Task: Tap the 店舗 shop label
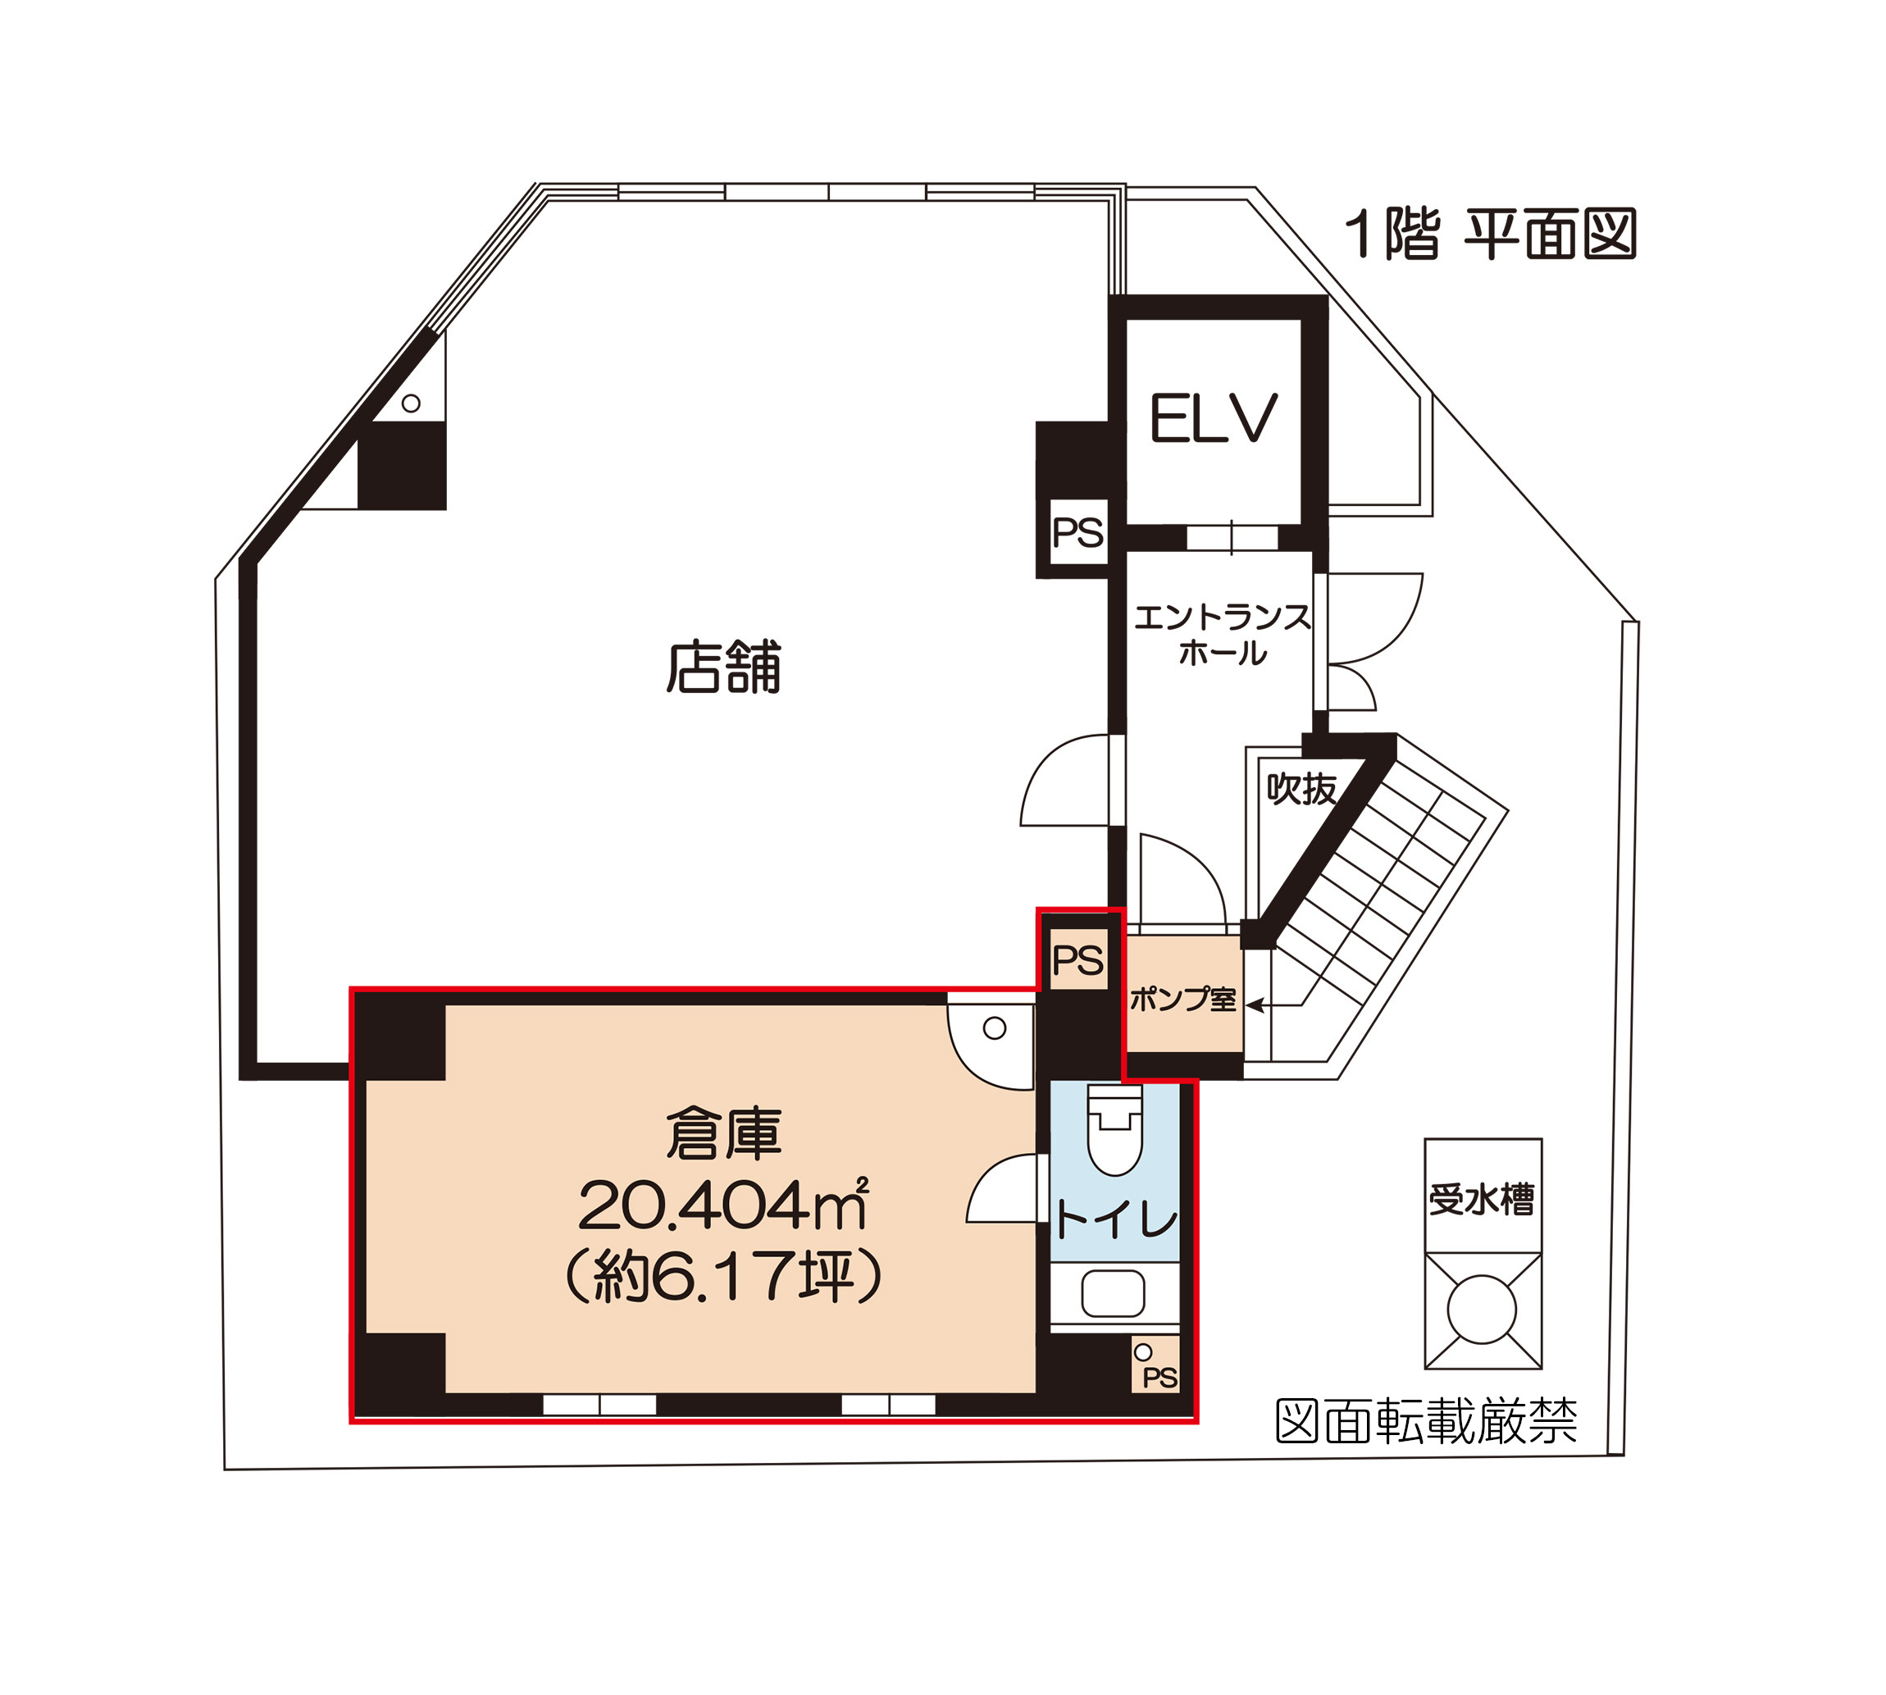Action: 724,667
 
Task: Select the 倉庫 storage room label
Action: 724,1132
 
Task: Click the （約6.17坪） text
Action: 724,1275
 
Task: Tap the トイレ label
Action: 1115,1219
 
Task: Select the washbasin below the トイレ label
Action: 1113,1292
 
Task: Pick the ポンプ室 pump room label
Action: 1182,1000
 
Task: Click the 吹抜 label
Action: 1301,789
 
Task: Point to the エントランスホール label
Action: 1222,634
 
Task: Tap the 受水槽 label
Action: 1482,1200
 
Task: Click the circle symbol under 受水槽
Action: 1482,1310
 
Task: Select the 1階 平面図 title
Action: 1490,234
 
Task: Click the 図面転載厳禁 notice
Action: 1427,1421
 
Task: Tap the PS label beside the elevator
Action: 1077,533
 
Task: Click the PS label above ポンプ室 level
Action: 1077,960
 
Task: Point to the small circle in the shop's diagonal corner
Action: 411,403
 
